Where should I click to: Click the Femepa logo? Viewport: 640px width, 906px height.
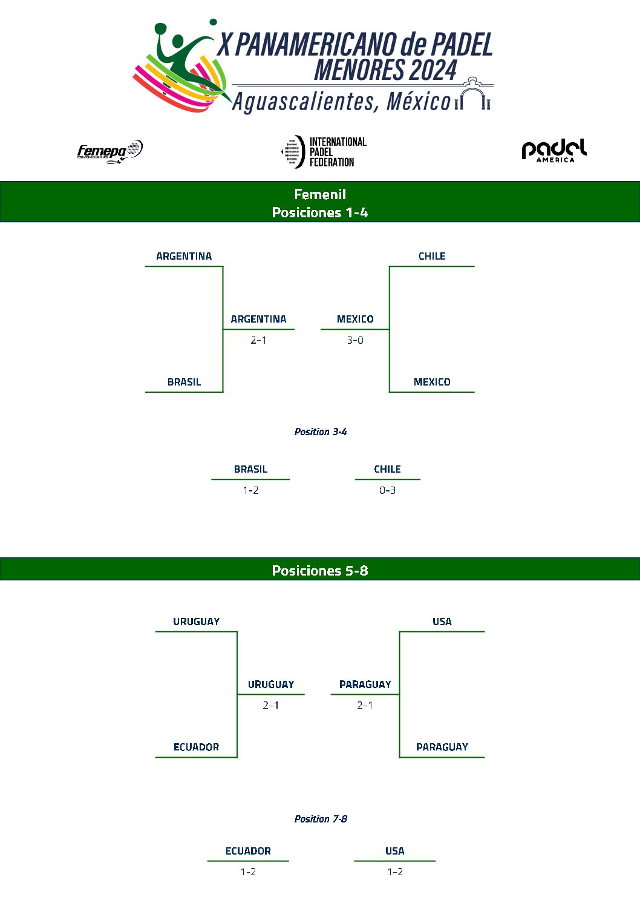109,151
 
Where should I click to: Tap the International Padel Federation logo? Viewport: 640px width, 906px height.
324,151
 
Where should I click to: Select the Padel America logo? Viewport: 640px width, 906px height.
553,151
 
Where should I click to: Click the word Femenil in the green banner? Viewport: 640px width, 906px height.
320,194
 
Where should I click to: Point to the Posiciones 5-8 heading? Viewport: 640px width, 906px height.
320,571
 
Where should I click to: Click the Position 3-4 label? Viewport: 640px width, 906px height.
321,432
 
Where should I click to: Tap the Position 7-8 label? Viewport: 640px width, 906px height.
321,819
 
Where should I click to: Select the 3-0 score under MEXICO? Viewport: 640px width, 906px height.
355,340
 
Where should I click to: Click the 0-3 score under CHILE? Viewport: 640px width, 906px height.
387,490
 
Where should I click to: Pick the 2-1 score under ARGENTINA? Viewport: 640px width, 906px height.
258,340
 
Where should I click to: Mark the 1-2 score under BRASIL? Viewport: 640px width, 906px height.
250,490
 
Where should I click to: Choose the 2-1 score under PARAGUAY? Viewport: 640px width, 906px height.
365,705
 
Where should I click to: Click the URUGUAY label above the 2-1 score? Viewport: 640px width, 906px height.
270,684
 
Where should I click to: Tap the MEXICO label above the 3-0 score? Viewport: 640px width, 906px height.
355,319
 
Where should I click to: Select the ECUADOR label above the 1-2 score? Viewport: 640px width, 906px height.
248,851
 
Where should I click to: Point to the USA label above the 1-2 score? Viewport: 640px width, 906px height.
394,851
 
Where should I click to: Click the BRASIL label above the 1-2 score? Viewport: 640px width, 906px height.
250,469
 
